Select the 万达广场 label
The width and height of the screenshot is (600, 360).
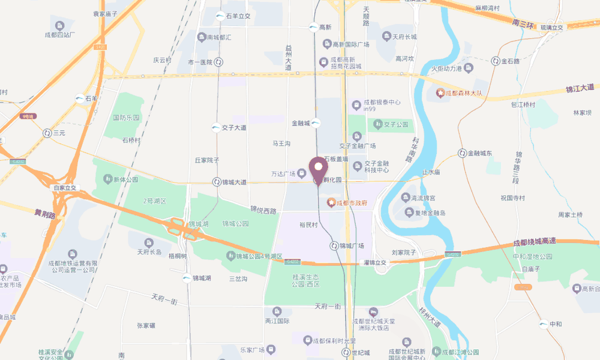point(283,174)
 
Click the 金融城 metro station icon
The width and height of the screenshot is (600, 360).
point(316,123)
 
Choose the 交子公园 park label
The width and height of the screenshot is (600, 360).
point(396,125)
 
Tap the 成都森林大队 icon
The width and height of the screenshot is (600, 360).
point(440,93)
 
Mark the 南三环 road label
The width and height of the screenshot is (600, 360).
point(524,23)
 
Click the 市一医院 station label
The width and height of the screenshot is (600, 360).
point(200,62)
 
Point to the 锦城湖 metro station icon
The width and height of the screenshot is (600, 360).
point(188,278)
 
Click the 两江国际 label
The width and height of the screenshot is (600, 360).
point(277,322)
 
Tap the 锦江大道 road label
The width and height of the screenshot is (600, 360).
point(580,89)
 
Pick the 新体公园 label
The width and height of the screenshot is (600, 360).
point(125,179)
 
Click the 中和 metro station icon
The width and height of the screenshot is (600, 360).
point(543,325)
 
